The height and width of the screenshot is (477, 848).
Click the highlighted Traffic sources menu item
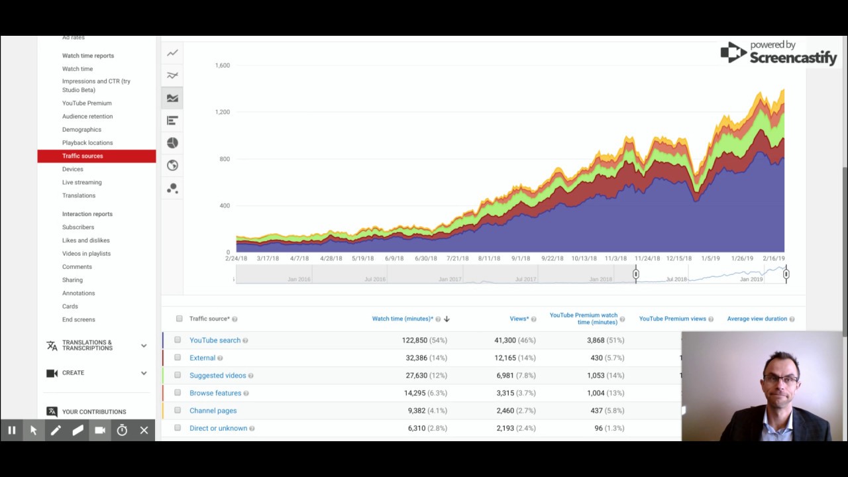click(x=83, y=156)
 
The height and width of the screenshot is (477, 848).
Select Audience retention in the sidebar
click(x=87, y=117)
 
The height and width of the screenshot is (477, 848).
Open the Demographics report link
click(x=81, y=130)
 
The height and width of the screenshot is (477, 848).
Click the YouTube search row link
click(x=215, y=341)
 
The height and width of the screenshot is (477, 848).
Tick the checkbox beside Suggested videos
click(x=178, y=375)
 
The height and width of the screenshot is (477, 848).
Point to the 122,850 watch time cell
click(x=414, y=341)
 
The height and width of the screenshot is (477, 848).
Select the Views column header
click(x=519, y=319)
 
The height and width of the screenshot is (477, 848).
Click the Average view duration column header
click(x=757, y=319)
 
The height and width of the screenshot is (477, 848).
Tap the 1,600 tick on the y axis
click(x=222, y=66)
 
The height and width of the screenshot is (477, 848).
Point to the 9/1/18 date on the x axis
click(x=520, y=258)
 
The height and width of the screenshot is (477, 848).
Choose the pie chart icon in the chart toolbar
click(x=172, y=143)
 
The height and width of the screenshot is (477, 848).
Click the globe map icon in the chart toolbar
click(x=172, y=166)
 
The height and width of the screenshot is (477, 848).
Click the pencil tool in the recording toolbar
click(x=56, y=431)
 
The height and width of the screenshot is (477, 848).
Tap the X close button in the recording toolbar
click(x=144, y=431)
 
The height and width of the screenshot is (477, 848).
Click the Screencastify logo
click(x=778, y=53)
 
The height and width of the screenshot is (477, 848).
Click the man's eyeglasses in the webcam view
click(x=780, y=379)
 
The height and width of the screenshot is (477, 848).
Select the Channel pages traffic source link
click(x=213, y=411)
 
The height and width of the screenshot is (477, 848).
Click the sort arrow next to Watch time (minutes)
click(x=447, y=319)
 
